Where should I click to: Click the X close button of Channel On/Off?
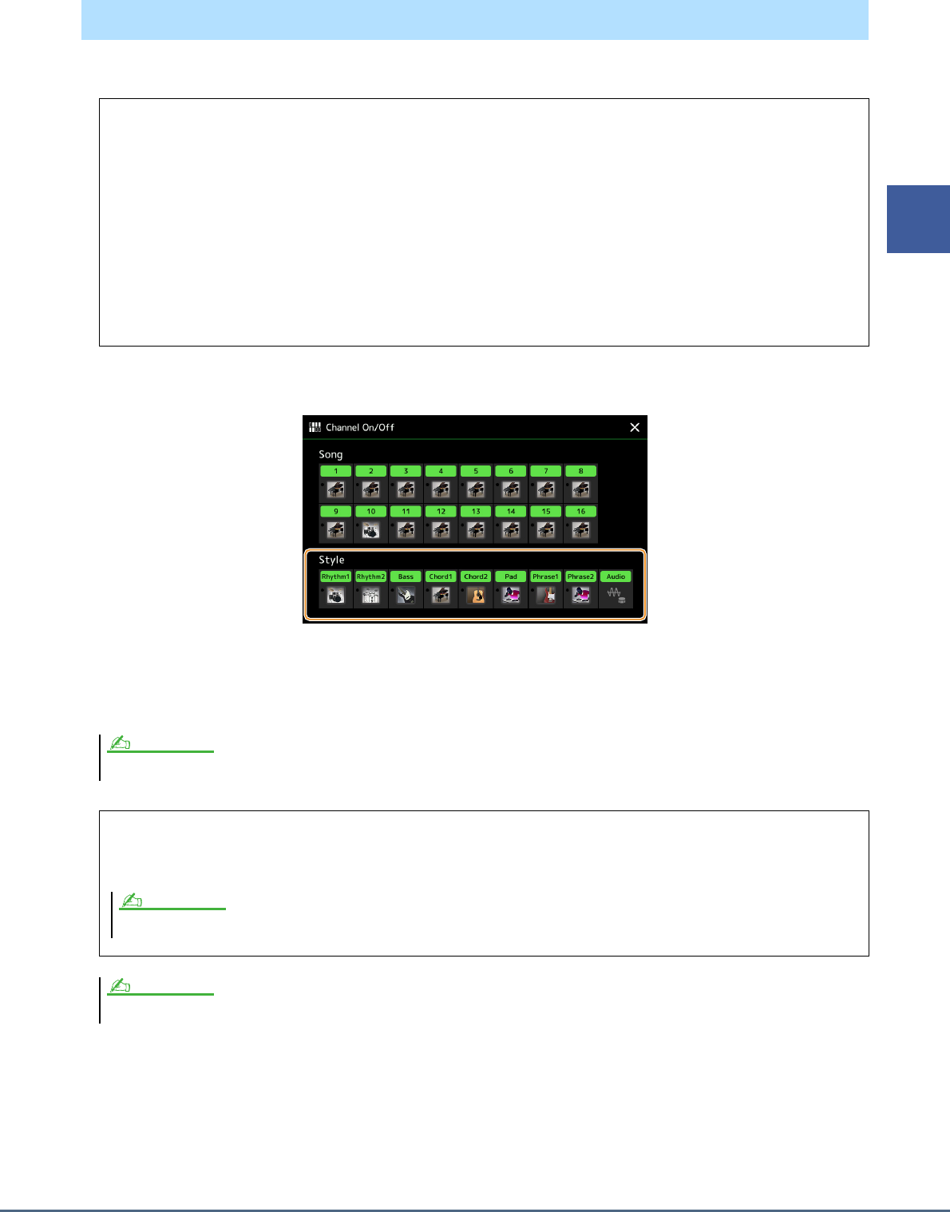[x=635, y=427]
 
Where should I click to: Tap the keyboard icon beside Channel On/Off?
[x=315, y=427]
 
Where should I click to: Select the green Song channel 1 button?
[x=335, y=471]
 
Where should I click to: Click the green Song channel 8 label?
[x=580, y=471]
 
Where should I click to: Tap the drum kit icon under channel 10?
[x=370, y=529]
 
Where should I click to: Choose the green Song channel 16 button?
[x=580, y=511]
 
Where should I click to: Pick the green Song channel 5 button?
[x=476, y=471]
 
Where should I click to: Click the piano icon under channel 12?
[x=441, y=529]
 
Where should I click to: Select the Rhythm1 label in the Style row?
[x=335, y=576]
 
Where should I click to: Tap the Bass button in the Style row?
[x=406, y=576]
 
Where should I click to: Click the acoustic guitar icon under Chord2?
[x=476, y=595]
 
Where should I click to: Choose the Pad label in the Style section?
[x=511, y=576]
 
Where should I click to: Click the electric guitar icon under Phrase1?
[x=546, y=595]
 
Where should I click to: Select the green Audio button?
[x=616, y=576]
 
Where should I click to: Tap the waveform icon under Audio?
[x=616, y=595]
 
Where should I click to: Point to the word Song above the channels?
[x=331, y=454]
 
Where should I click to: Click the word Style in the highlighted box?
[x=331, y=560]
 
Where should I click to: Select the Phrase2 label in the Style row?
[x=580, y=576]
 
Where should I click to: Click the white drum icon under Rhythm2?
[x=370, y=595]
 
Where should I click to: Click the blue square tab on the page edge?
[x=918, y=219]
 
